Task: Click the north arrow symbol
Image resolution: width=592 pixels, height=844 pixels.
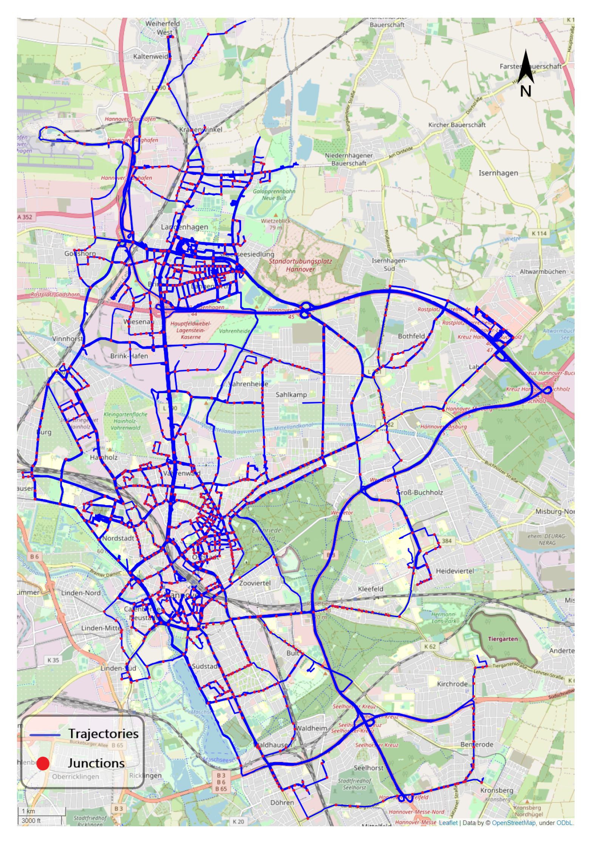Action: pos(526,68)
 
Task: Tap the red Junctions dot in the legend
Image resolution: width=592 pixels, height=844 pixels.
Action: pos(43,763)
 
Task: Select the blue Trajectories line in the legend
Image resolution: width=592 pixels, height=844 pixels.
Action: pos(45,735)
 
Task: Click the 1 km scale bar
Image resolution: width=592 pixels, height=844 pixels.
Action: pos(42,811)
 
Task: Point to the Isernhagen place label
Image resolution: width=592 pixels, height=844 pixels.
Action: pos(498,173)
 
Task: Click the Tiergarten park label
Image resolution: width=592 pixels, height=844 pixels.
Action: pos(502,639)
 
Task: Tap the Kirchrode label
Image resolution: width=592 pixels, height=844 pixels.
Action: pos(452,684)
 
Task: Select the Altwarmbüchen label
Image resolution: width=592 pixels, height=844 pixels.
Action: pos(543,272)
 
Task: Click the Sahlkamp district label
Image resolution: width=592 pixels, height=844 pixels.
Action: pos(291,395)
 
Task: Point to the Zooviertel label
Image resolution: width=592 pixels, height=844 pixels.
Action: pos(255,583)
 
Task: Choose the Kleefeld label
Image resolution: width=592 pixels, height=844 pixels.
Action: pos(370,589)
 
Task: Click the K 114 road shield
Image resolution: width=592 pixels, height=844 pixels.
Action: pos(539,233)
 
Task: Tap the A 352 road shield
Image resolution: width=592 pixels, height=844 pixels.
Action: pos(25,217)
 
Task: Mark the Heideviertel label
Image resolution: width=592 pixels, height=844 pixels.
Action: pos(454,571)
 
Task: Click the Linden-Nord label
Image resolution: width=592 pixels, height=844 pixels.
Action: pos(80,593)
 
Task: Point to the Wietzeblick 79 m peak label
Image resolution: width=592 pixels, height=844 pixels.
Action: pos(275,224)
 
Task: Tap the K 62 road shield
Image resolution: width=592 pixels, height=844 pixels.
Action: pos(430,647)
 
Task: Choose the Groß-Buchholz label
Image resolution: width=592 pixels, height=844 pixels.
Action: pos(419,492)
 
